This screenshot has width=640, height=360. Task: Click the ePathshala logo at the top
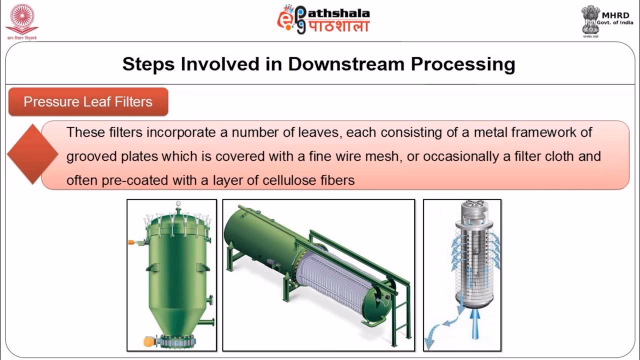(x=323, y=19)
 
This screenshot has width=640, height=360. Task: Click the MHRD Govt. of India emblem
(x=590, y=20)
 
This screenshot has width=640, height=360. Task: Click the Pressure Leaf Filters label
(x=88, y=102)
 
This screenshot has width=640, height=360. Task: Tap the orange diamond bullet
(x=32, y=154)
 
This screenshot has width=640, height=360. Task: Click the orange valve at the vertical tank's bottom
(x=149, y=341)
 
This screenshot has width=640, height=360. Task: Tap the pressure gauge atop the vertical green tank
(x=178, y=204)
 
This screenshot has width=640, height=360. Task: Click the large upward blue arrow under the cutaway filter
(x=474, y=324)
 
